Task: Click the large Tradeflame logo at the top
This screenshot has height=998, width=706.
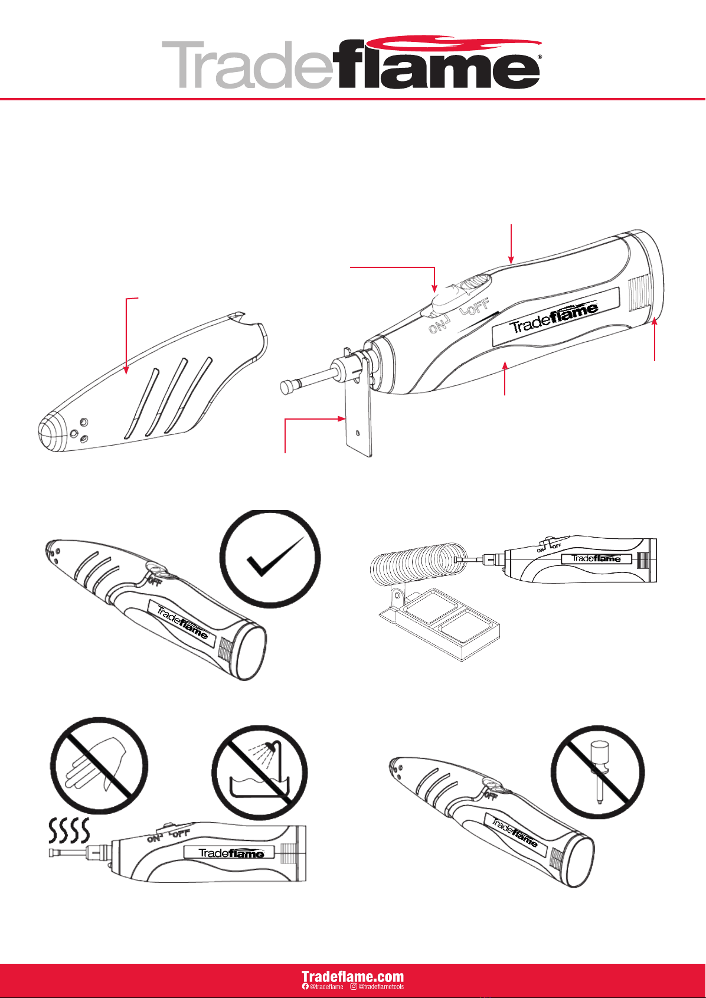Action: click(x=352, y=64)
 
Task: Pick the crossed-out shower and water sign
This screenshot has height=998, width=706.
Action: click(x=260, y=773)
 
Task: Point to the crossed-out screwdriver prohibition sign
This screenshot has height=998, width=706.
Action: click(x=597, y=771)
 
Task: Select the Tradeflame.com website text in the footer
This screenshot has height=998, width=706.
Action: click(x=352, y=976)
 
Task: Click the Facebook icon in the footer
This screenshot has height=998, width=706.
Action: click(x=305, y=987)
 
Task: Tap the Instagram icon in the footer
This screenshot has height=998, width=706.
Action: click(x=354, y=987)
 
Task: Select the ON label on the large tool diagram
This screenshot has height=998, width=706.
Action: click(x=438, y=325)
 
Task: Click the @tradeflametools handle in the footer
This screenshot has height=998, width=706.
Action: click(x=381, y=987)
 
